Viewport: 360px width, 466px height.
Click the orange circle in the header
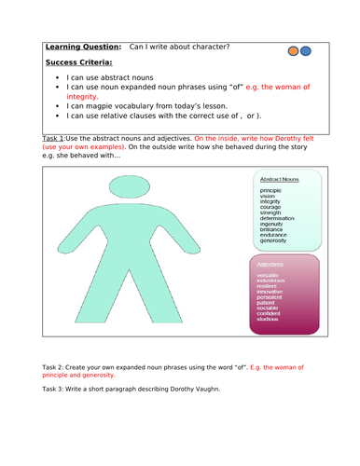click(296, 51)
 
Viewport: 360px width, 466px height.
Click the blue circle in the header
click(307, 51)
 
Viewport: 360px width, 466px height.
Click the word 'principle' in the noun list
click(274, 192)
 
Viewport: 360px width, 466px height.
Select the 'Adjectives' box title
click(272, 264)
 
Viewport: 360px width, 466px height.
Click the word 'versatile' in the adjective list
click(273, 275)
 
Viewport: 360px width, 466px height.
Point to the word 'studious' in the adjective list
click(273, 319)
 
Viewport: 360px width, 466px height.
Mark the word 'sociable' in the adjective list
click(273, 307)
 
